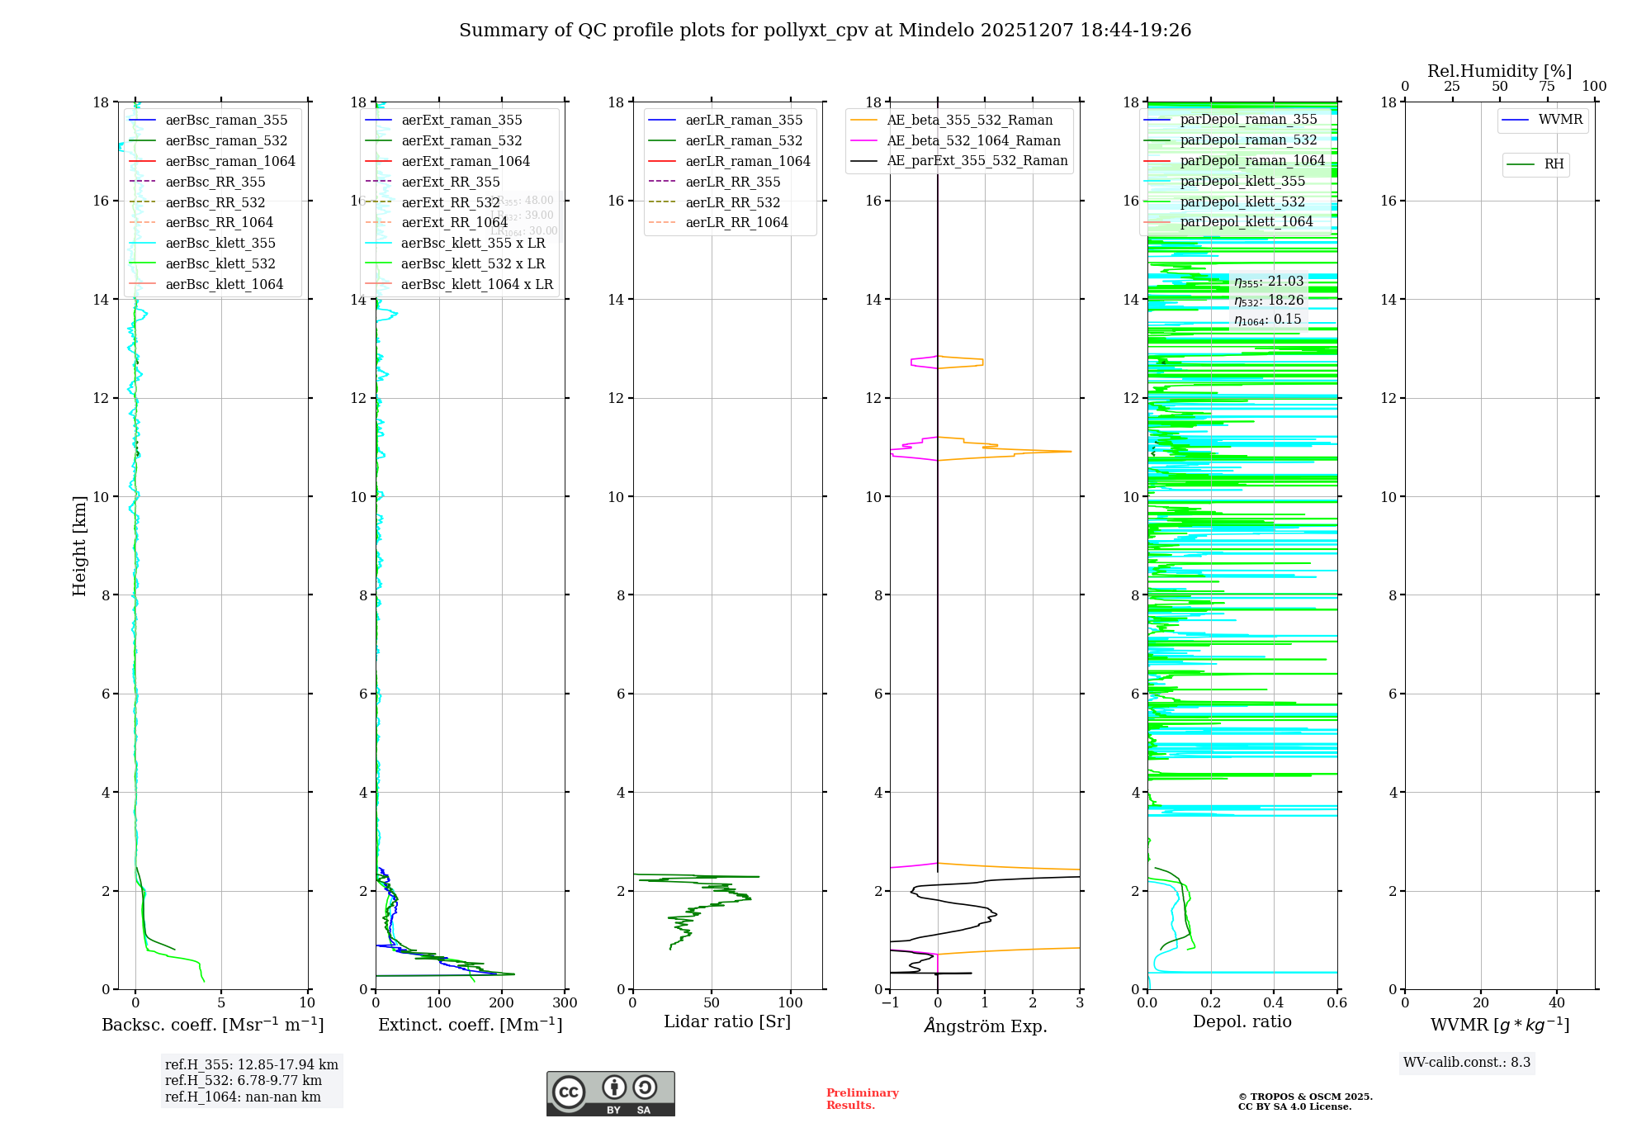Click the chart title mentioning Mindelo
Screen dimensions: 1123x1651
pos(825,31)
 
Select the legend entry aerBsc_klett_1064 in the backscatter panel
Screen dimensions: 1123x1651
pos(224,284)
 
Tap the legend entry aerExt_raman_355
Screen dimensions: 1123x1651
pos(461,121)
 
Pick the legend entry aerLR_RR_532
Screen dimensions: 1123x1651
pos(732,202)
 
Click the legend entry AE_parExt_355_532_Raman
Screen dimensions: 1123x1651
pos(977,161)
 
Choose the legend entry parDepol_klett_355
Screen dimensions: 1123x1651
pos(1242,182)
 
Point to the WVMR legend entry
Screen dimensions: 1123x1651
pos(1559,120)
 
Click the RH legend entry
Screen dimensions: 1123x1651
pos(1554,164)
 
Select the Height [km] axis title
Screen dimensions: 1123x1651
pos(79,545)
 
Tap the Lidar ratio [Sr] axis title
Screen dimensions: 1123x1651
pos(726,1021)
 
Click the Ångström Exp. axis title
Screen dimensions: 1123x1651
pos(985,1026)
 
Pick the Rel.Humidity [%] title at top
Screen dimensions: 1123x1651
pos(1499,71)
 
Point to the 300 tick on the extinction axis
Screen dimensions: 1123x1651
pos(565,1003)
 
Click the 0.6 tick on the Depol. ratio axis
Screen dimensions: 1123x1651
pos(1336,1003)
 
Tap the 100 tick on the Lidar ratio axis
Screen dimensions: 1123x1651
pos(790,1003)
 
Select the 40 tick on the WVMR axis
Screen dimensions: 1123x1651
pos(1556,1003)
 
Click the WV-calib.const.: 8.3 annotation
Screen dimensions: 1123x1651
pos(1466,1063)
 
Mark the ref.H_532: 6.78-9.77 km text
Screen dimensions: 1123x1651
pos(244,1081)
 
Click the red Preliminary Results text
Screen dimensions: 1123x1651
pos(862,1099)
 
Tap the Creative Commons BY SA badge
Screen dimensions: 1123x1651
pos(610,1093)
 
